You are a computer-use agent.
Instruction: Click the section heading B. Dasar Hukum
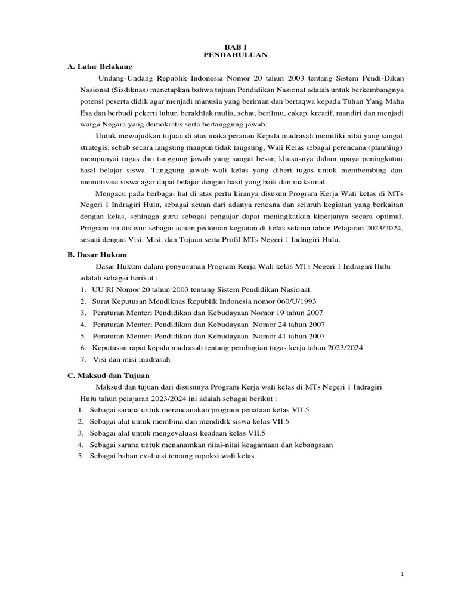pos(98,254)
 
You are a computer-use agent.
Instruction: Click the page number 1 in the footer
pos(403,574)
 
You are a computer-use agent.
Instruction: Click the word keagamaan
pos(256,445)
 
